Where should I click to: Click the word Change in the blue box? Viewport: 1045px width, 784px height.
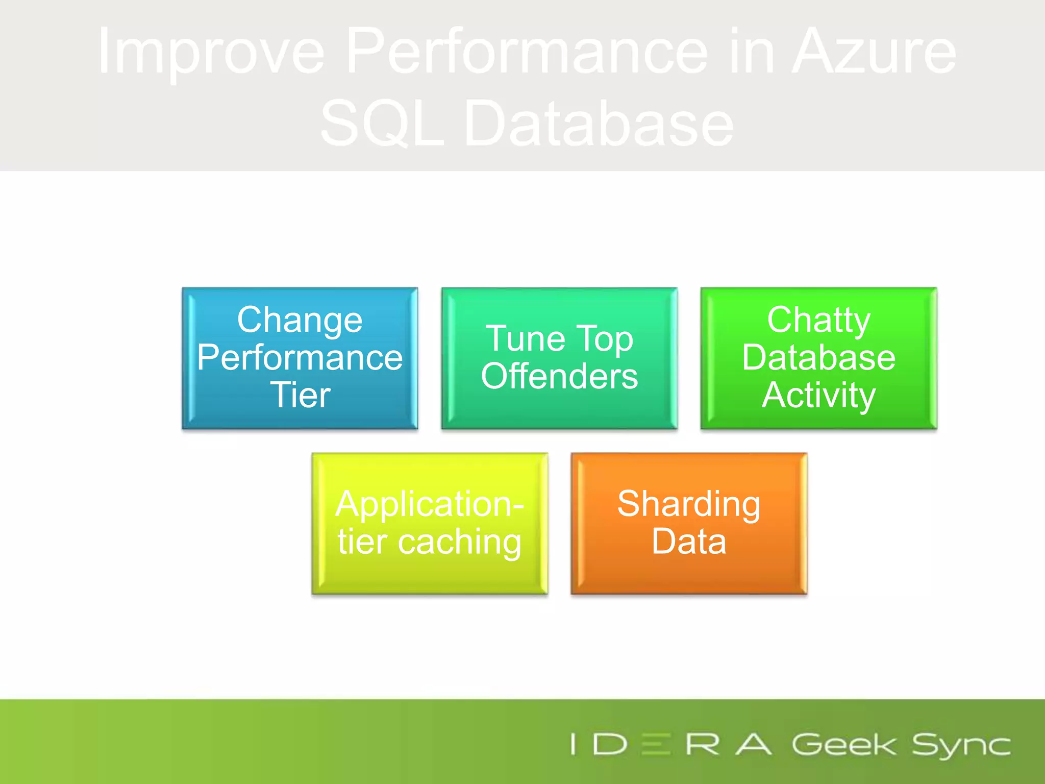coord(300,320)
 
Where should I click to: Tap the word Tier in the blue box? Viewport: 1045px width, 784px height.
coord(301,395)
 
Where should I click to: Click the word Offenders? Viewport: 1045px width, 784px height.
coord(559,377)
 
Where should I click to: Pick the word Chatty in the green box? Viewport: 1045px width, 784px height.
coord(819,320)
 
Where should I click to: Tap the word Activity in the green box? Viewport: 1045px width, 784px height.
coord(819,395)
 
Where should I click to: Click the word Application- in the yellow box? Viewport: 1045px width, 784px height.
coord(430,504)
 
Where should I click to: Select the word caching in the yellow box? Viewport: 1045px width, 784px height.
coord(459,542)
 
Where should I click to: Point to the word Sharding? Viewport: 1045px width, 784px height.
coord(689,504)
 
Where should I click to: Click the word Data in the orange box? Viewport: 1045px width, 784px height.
coord(689,542)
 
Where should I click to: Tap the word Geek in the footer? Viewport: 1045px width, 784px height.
coord(844,745)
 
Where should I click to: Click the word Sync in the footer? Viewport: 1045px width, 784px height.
coord(961,745)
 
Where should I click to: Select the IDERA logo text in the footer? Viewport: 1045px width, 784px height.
coord(671,744)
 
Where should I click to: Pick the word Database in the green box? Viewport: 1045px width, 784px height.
coord(819,357)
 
